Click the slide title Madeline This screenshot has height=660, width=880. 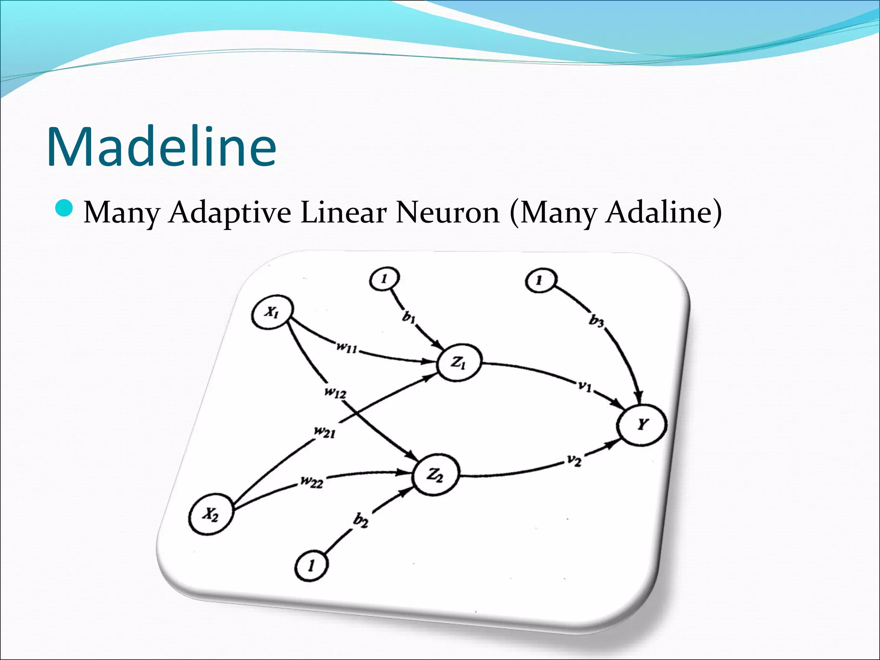(162, 147)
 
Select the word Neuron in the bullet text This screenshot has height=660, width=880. (447, 212)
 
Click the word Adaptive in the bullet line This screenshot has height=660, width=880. (229, 213)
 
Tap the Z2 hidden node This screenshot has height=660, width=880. (435, 475)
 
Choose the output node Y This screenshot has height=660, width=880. (642, 425)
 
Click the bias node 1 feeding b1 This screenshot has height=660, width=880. (384, 280)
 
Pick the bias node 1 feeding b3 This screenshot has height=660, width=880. (540, 281)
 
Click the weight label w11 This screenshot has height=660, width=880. (346, 347)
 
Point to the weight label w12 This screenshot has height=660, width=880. (336, 392)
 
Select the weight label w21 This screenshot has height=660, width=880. (324, 432)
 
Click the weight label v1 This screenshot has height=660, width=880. (584, 386)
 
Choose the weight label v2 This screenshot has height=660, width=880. (574, 461)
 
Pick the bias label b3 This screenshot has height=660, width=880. (596, 321)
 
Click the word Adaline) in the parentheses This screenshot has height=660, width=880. (663, 212)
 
